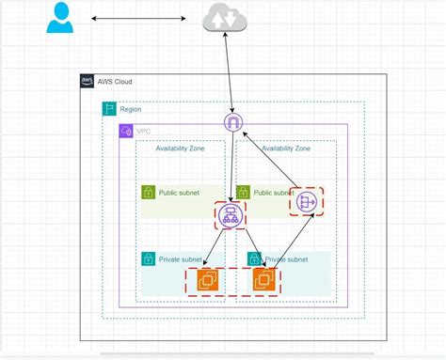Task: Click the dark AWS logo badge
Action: pyautogui.click(x=88, y=82)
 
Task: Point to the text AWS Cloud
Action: pyautogui.click(x=114, y=82)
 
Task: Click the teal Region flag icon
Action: pyautogui.click(x=109, y=110)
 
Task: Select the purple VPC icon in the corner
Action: pyautogui.click(x=126, y=130)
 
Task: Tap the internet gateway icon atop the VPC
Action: pyautogui.click(x=231, y=122)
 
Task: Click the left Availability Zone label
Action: pyautogui.click(x=183, y=149)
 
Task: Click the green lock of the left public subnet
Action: pyautogui.click(x=148, y=193)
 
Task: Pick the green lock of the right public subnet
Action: pyautogui.click(x=243, y=193)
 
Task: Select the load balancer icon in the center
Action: pyautogui.click(x=229, y=216)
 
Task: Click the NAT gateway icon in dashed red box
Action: pyautogui.click(x=306, y=201)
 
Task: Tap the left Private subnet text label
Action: pyautogui.click(x=180, y=258)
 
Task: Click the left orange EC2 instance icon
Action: pyautogui.click(x=207, y=279)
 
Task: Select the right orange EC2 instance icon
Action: pyautogui.click(x=264, y=279)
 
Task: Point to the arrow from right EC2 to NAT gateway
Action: pyautogui.click(x=286, y=242)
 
